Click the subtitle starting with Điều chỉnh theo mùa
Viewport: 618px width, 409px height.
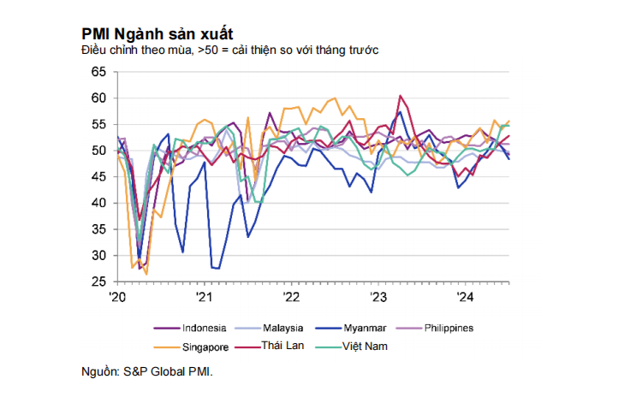pos(230,50)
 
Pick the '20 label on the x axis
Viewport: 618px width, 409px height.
pos(117,297)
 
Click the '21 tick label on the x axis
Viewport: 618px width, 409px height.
pos(204,297)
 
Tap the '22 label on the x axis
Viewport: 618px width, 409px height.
pos(291,297)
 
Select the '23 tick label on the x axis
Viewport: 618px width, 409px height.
pos(377,297)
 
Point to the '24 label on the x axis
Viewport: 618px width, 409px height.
pos(465,297)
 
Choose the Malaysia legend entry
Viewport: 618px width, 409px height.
pos(281,328)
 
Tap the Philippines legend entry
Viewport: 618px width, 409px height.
pos(449,328)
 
